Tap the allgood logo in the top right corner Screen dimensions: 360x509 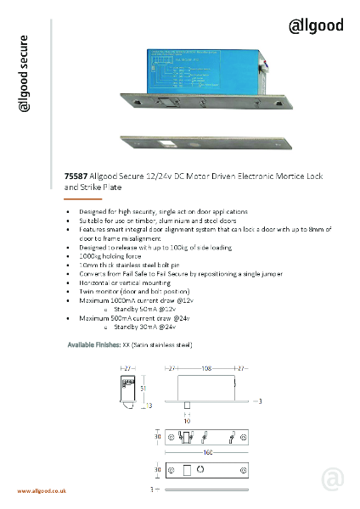point(316,25)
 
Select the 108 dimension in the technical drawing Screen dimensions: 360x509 point(205,370)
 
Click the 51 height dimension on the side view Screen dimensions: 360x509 point(143,389)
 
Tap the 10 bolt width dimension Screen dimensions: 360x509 point(188,420)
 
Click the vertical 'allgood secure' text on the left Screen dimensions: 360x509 point(25,85)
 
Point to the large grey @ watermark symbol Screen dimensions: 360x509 point(333,479)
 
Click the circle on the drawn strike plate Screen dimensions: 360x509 point(200,469)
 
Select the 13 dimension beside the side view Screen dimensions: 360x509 point(150,406)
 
